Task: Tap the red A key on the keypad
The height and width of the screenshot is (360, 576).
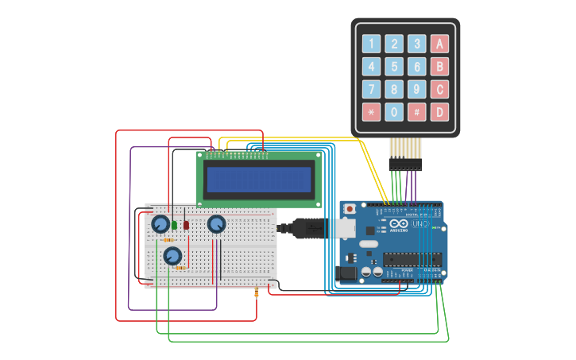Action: click(439, 44)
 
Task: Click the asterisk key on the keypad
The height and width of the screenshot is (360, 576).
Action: click(371, 112)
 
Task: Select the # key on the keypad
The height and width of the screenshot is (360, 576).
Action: click(416, 112)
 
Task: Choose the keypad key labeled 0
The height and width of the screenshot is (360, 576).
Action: click(394, 112)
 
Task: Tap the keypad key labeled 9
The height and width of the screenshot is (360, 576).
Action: click(416, 89)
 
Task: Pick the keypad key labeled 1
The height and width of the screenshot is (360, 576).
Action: click(371, 44)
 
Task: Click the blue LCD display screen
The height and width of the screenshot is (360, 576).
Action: click(259, 180)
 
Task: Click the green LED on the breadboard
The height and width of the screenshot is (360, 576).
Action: click(174, 225)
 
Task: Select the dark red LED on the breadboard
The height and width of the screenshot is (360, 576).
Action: click(187, 225)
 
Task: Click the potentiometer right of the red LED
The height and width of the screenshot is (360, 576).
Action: click(216, 224)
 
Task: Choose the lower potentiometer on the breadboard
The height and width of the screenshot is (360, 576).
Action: click(172, 256)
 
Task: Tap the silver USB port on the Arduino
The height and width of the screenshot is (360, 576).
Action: click(343, 229)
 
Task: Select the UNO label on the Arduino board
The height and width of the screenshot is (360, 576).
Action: click(419, 225)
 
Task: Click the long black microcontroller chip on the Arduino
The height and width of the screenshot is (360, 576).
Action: click(412, 259)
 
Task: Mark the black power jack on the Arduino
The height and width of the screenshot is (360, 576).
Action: click(347, 272)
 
